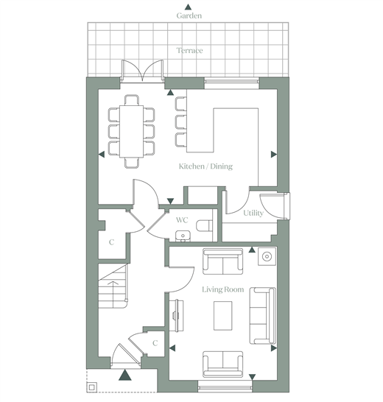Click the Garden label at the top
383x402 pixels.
tap(189, 16)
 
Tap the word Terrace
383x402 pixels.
tap(189, 51)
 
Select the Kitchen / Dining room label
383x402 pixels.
tap(205, 166)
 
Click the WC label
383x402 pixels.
tap(182, 220)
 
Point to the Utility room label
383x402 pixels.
tap(253, 213)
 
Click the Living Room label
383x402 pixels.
tap(222, 289)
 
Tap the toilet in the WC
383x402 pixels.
tap(205, 225)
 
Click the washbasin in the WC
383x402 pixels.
tap(183, 236)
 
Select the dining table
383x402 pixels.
tap(131, 131)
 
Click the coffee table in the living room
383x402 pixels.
tap(222, 316)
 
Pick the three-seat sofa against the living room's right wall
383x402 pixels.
tap(263, 316)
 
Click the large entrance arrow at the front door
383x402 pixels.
tap(125, 375)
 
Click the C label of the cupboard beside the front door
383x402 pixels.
tap(155, 343)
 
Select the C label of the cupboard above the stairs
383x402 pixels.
tap(111, 242)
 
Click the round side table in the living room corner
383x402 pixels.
tap(267, 256)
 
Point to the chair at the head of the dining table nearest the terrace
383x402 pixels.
tap(132, 100)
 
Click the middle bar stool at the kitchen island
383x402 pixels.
tap(181, 121)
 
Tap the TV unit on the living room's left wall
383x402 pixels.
tap(177, 315)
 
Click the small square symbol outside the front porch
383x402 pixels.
tap(92, 387)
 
